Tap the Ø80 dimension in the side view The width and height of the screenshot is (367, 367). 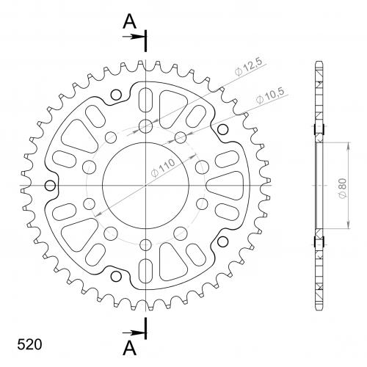(343, 189)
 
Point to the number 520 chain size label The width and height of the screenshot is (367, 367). (29, 344)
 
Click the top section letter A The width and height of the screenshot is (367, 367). (129, 21)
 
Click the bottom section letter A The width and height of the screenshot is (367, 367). (129, 348)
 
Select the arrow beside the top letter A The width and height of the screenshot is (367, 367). (133, 37)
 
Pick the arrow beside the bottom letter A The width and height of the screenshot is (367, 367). (133, 333)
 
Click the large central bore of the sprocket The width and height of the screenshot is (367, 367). (145, 185)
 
